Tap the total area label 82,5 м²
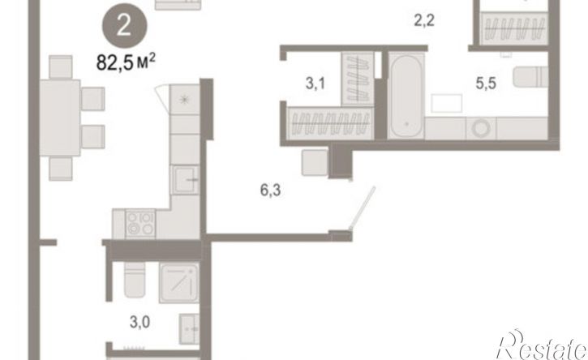click(x=126, y=62)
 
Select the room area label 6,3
click(x=270, y=191)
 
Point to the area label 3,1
click(x=315, y=84)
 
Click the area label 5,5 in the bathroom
click(x=486, y=84)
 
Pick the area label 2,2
click(x=424, y=20)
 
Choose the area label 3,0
click(x=139, y=322)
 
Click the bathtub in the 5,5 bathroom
click(x=406, y=96)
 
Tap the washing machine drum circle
click(x=481, y=129)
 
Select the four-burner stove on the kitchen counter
click(x=140, y=224)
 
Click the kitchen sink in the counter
click(x=184, y=180)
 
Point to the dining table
click(x=60, y=118)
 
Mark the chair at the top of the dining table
click(x=60, y=67)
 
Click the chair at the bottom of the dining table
click(x=60, y=169)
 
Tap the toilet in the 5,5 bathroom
click(x=530, y=77)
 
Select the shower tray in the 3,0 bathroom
click(x=179, y=282)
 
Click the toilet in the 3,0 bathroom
click(x=135, y=280)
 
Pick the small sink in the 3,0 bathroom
click(x=189, y=329)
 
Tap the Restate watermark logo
click(x=542, y=345)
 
